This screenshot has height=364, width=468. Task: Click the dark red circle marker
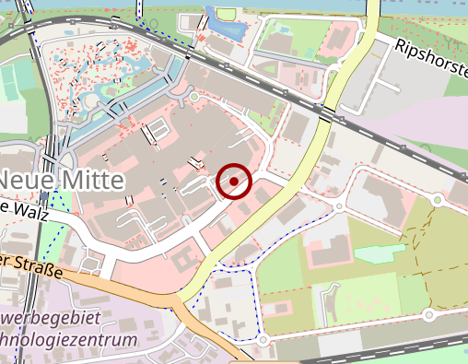(235, 182)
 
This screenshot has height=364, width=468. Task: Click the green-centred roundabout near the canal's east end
(194, 96)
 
